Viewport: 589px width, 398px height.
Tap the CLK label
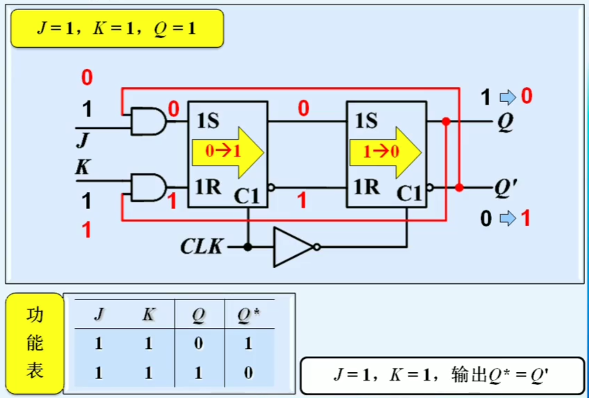202,246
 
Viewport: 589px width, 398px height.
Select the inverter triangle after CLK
292,247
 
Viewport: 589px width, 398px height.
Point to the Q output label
505,122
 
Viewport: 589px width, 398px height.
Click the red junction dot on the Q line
446,121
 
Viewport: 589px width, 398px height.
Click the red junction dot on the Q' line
459,188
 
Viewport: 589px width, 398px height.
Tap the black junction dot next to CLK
248,247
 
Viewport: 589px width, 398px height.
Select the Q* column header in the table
248,315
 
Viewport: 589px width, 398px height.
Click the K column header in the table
148,315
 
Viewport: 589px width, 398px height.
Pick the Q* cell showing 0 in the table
248,373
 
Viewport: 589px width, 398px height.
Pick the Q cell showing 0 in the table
198,344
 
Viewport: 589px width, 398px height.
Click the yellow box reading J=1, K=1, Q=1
117,29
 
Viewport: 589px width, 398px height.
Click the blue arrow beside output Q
508,97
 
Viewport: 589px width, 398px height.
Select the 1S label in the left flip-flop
208,121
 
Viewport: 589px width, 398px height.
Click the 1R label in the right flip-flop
366,187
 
